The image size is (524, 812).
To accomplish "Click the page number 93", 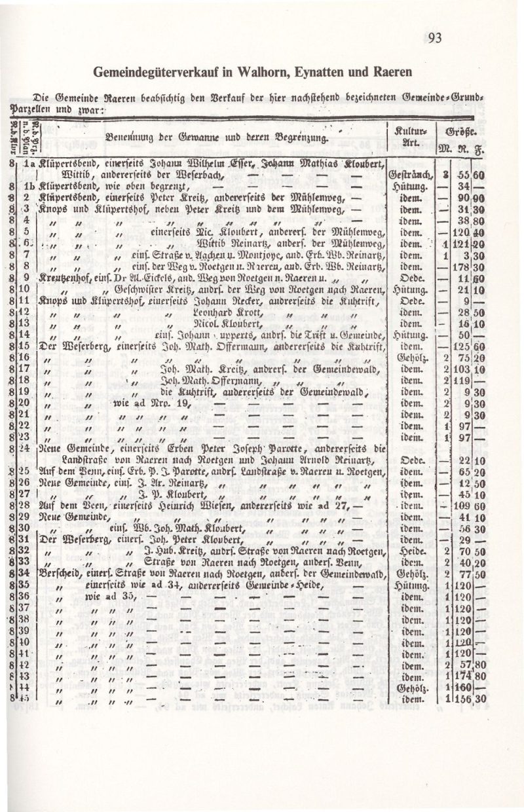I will [x=434, y=38].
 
